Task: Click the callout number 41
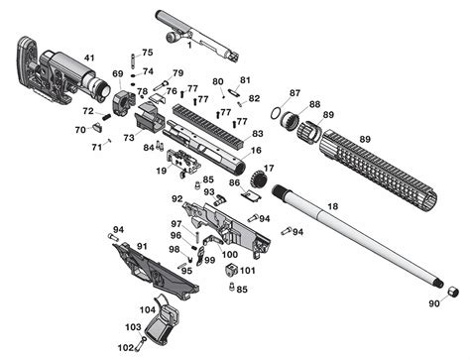pyautogui.click(x=89, y=58)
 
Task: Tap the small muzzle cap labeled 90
pyautogui.click(x=453, y=292)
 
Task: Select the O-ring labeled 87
pyautogui.click(x=277, y=113)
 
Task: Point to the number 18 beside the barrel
pyautogui.click(x=333, y=206)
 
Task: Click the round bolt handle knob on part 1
pyautogui.click(x=172, y=37)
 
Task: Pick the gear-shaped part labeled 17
pyautogui.click(x=259, y=180)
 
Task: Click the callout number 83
pyautogui.click(x=258, y=134)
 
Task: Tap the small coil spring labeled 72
pyautogui.click(x=106, y=117)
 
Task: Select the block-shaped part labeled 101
pyautogui.click(x=231, y=270)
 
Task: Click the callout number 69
pyautogui.click(x=118, y=73)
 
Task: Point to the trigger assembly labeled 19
pyautogui.click(x=183, y=162)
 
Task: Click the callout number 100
pyautogui.click(x=230, y=254)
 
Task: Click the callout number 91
pyautogui.click(x=142, y=246)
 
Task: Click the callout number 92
pyautogui.click(x=177, y=198)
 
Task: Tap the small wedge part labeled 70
pyautogui.click(x=97, y=127)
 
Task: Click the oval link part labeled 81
pyautogui.click(x=234, y=91)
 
